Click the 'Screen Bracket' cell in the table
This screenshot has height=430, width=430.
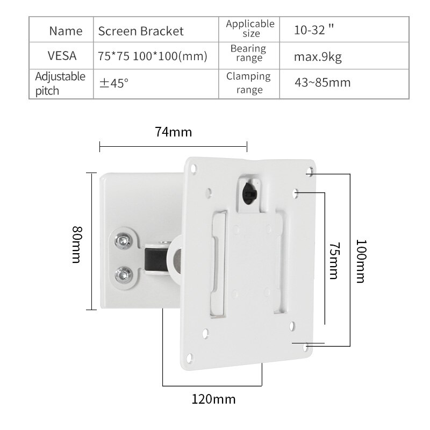pyautogui.click(x=141, y=31)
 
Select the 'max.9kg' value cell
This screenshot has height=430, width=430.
pyautogui.click(x=318, y=56)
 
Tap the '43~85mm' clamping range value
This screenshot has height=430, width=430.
pyautogui.click(x=322, y=82)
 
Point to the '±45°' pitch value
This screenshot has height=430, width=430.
pyautogui.click(x=113, y=83)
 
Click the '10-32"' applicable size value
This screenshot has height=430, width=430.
pyautogui.click(x=314, y=30)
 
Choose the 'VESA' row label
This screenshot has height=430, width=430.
pyautogui.click(x=62, y=56)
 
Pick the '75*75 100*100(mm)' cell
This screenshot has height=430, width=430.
pyautogui.click(x=153, y=56)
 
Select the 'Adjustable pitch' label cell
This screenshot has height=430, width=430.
pyautogui.click(x=60, y=83)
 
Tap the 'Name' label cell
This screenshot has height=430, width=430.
pyautogui.click(x=66, y=31)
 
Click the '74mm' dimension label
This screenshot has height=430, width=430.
pyautogui.click(x=173, y=132)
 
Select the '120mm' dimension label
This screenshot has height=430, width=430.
pyautogui.click(x=213, y=399)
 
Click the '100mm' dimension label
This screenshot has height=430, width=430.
pyautogui.click(x=360, y=261)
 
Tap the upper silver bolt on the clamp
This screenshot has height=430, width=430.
pyautogui.click(x=125, y=240)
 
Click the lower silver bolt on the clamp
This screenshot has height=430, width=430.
pyautogui.click(x=124, y=276)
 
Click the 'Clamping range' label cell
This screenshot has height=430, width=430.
pyautogui.click(x=248, y=83)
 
